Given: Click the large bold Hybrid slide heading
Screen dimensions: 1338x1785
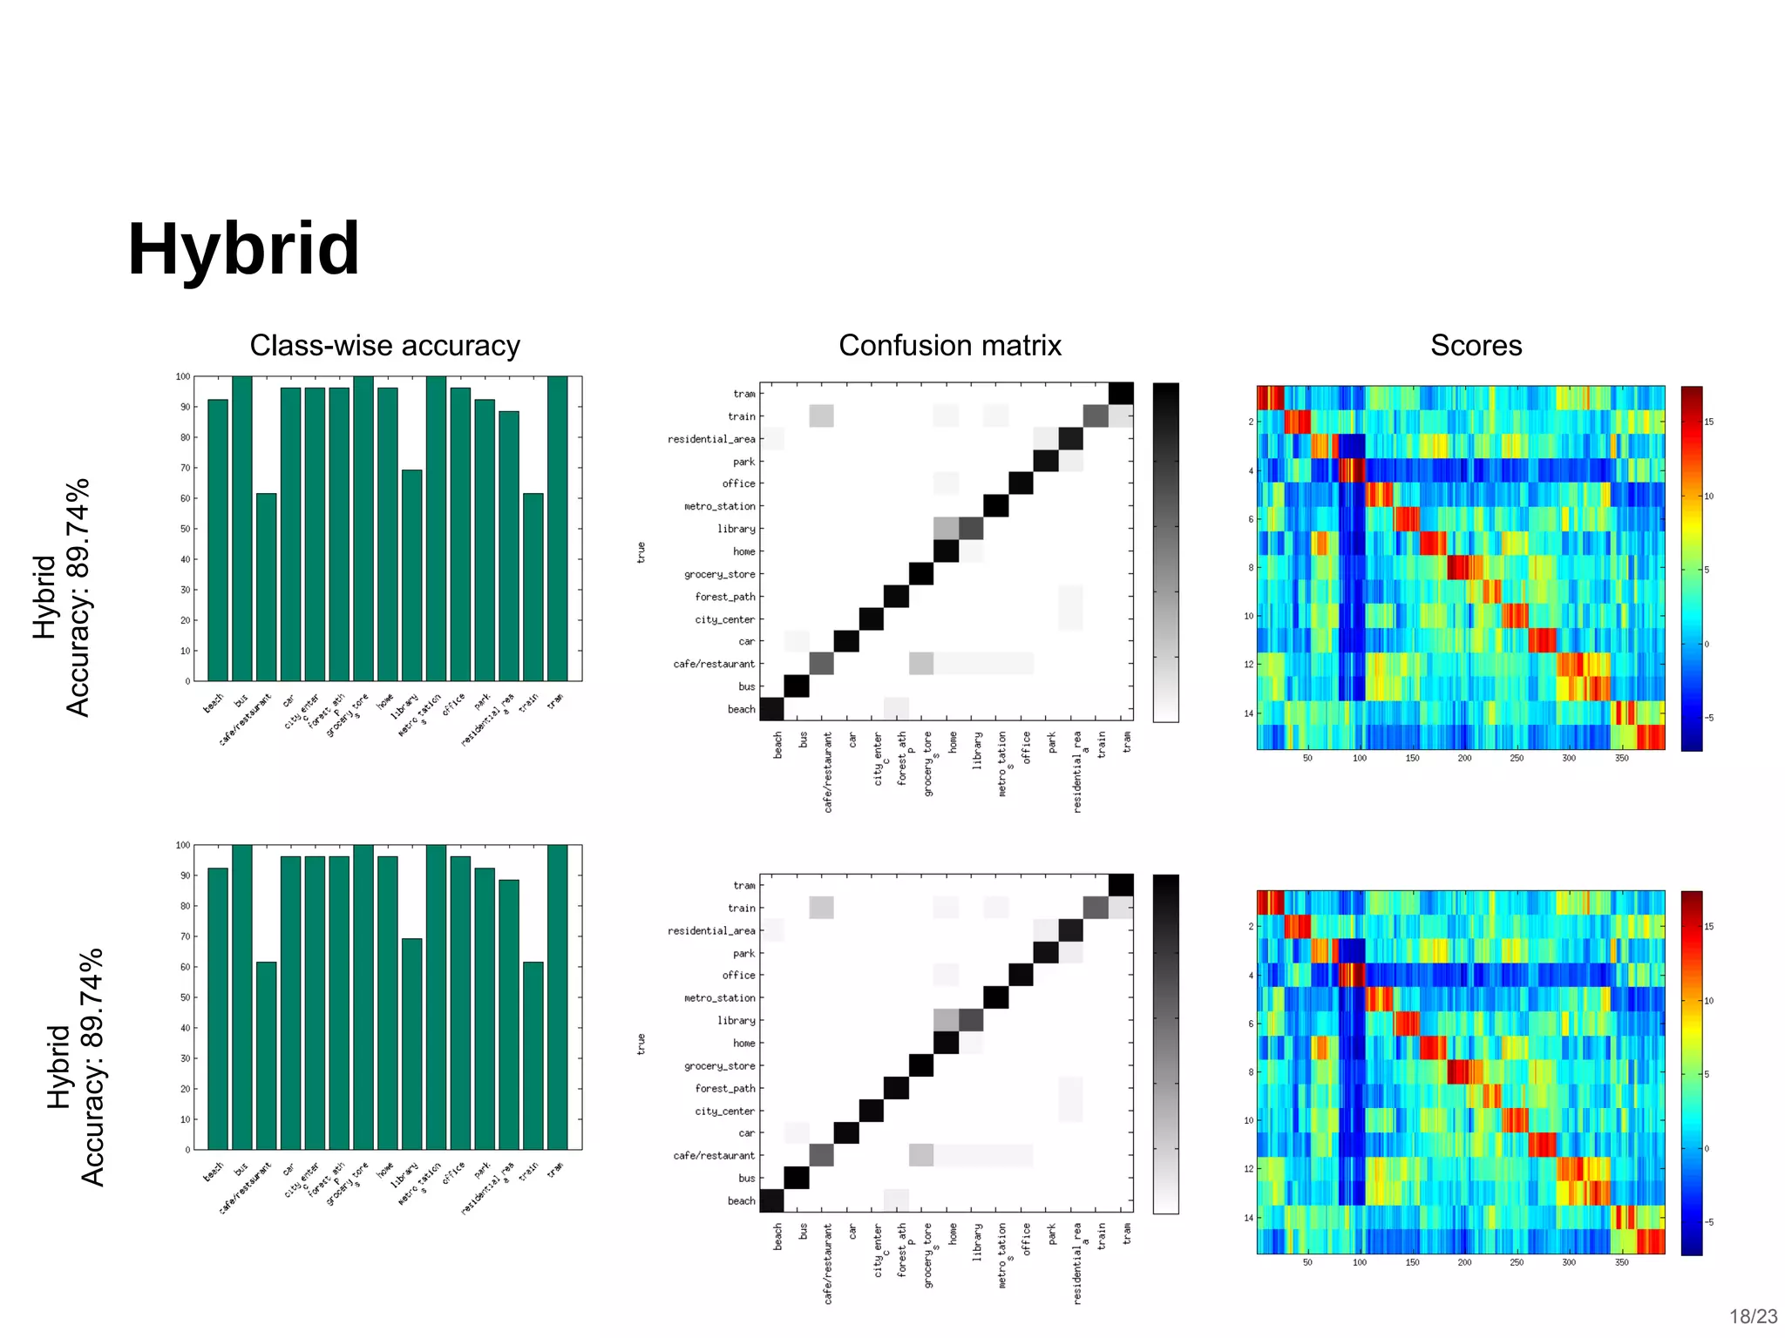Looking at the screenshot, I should pos(243,250).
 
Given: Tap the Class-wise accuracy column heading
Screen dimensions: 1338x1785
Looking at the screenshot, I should pos(384,346).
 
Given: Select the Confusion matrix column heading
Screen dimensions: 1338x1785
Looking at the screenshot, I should pos(949,346).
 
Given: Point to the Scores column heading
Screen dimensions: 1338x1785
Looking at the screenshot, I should pos(1476,346).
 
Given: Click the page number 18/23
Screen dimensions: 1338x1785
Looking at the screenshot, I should pos(1753,1316).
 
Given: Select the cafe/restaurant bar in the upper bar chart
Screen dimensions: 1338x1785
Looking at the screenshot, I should pos(267,587).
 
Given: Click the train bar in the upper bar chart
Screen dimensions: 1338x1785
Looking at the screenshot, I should pos(533,587).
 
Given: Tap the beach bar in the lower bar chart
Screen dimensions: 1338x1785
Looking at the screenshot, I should pos(218,1008).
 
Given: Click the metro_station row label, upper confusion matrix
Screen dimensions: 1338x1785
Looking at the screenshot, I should pos(720,506).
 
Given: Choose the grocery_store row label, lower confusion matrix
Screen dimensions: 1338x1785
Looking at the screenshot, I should pos(720,1066).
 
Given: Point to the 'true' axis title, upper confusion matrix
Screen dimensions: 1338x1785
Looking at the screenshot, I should pos(641,552).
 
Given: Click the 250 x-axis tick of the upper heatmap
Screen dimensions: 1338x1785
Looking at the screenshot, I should pos(1517,759).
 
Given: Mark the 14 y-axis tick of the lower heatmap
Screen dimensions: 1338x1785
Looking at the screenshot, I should pos(1250,1218).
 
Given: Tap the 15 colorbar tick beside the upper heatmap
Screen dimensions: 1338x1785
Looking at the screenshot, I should pos(1709,422).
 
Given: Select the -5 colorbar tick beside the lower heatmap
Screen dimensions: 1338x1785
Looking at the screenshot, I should pos(1709,1223).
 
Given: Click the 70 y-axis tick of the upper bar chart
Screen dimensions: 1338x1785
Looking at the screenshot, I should pos(185,468).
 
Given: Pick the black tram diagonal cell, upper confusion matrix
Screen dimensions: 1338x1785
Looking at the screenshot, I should pos(1121,394).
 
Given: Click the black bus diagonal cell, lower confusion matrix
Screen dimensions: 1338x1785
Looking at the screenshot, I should pos(797,1178).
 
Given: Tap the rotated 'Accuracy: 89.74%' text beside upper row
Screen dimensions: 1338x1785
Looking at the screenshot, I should pos(78,598).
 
